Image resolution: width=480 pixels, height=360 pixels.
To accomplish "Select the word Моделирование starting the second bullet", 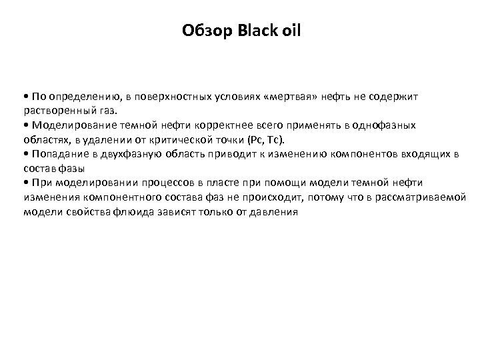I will tap(67, 125).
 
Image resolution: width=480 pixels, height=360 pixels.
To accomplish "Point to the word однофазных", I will tap(385, 125).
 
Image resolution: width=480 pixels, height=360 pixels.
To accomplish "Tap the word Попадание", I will tap(55, 154).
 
